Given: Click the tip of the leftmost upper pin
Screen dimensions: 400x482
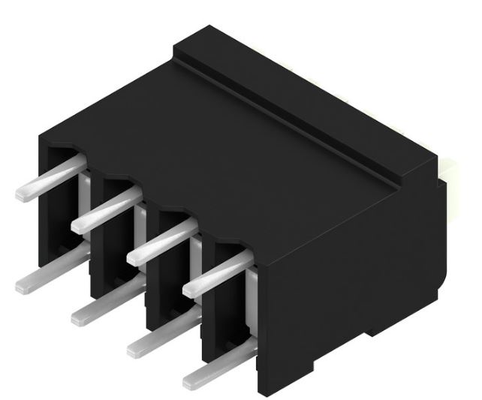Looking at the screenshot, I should (x=23, y=194).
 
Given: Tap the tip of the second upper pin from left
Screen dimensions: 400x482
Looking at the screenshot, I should (x=79, y=224).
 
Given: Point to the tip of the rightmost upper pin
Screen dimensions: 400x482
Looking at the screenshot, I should (x=191, y=289).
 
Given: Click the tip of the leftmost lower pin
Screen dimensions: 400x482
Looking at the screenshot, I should (x=23, y=284).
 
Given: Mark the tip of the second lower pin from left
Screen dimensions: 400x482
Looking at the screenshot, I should (x=79, y=317).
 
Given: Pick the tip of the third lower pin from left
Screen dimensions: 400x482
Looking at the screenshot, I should (x=135, y=347).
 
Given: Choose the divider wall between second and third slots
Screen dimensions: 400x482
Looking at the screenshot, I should (x=152, y=270).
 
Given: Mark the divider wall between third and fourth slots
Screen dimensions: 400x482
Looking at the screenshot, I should (x=208, y=300).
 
